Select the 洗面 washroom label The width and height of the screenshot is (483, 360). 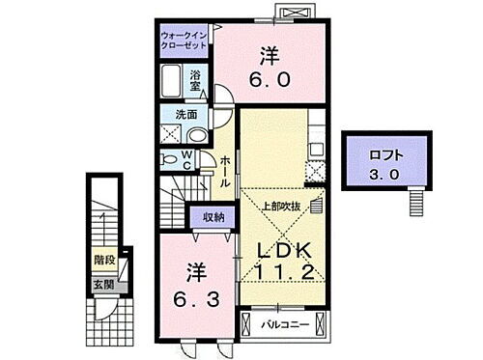point(170,114)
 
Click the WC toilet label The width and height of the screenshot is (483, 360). point(191,157)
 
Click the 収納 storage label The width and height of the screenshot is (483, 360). point(213,217)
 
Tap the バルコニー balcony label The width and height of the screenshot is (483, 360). point(286,324)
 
